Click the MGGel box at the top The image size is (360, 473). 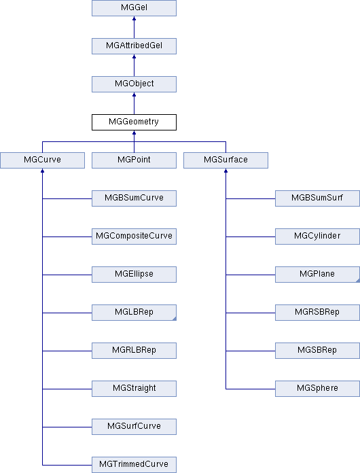click(x=134, y=8)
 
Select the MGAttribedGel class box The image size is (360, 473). click(x=134, y=46)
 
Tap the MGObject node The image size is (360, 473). click(x=134, y=84)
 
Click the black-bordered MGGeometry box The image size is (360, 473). click(x=134, y=122)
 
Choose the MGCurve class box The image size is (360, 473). click(x=43, y=160)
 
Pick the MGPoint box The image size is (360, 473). click(x=134, y=160)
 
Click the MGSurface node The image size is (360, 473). click(x=226, y=160)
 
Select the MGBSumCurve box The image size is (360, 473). click(x=134, y=198)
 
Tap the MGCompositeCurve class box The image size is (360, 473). click(x=134, y=236)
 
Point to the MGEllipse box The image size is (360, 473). click(x=134, y=274)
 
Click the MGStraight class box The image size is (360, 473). click(x=134, y=389)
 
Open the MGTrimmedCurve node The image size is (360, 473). click(x=134, y=465)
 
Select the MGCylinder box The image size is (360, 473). click(x=317, y=236)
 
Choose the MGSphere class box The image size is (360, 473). click(x=317, y=389)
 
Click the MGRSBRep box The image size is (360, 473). click(x=317, y=312)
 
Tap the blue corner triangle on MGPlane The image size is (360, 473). click(x=358, y=281)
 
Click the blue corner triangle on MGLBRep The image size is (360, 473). click(x=175, y=319)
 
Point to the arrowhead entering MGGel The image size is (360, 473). click(x=134, y=18)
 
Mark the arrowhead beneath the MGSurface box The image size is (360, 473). click(x=226, y=171)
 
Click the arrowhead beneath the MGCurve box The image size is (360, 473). click(x=43, y=171)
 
